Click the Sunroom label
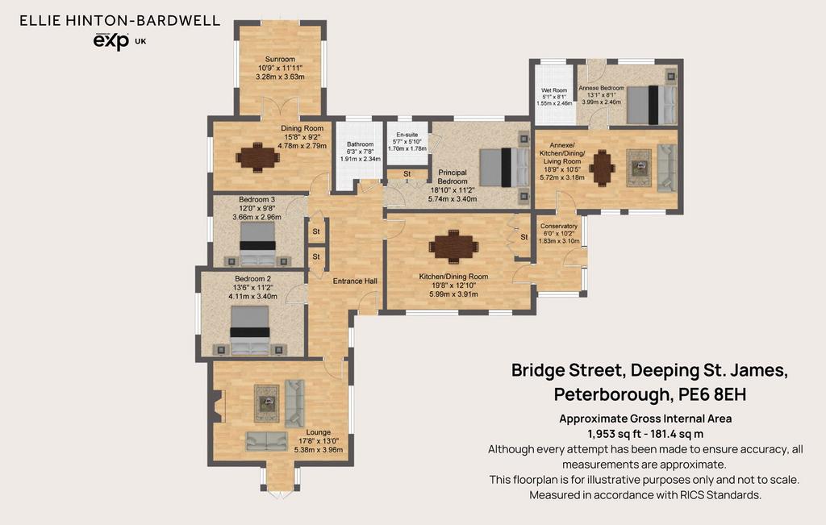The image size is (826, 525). [x=280, y=59]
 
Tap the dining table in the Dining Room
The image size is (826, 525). [x=257, y=157]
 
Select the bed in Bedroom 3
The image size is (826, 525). [x=257, y=244]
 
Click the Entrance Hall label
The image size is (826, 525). [x=355, y=281]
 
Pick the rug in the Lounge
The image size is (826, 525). [x=267, y=403]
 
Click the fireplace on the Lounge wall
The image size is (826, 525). [x=219, y=406]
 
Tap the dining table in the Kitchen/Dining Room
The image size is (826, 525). [x=453, y=246]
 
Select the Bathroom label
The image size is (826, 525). [x=361, y=144]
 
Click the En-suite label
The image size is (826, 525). [x=407, y=135]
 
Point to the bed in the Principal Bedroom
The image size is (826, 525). [x=505, y=168]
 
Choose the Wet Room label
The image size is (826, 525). [x=554, y=90]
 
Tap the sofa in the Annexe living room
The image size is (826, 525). [x=667, y=168]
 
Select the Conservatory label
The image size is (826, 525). [x=559, y=226]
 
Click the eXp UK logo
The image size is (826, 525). [x=119, y=41]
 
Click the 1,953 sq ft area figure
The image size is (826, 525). [x=611, y=434]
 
